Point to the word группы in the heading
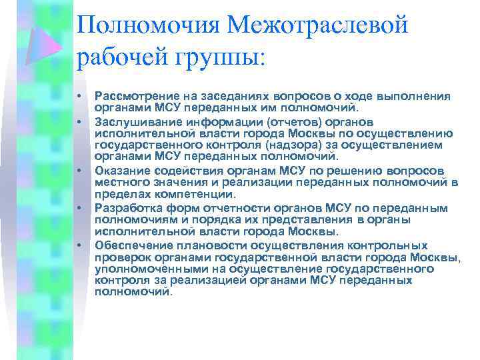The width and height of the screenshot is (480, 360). coord(218,59)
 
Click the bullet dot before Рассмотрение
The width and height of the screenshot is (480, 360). coord(79,97)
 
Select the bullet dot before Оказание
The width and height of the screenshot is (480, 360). coord(79,170)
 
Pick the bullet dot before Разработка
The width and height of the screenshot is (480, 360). coord(79,207)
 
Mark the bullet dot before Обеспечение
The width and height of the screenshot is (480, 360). coord(79,245)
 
